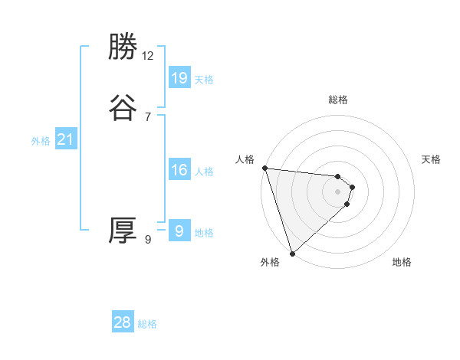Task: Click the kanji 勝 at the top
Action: coord(123,47)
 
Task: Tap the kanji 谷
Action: coord(123,107)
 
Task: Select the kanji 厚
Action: coord(123,231)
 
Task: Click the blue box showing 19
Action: coord(179,77)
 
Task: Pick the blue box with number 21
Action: coord(66,139)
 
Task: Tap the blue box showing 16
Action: coord(179,170)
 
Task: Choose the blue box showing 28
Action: coord(123,322)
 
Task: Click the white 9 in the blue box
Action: coord(179,231)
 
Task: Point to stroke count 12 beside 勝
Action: coord(148,55)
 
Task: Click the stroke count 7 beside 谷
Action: coord(148,116)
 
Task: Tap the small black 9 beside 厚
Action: coord(148,240)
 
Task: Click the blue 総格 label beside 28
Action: coord(147,324)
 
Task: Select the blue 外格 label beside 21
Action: coord(41,141)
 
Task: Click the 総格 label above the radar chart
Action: coord(338,100)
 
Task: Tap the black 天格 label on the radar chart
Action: coord(432,159)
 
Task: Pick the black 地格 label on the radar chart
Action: coord(402,262)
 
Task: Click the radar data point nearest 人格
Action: coord(264,168)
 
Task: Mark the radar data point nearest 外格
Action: coord(292,253)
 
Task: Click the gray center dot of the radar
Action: coord(338,191)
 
